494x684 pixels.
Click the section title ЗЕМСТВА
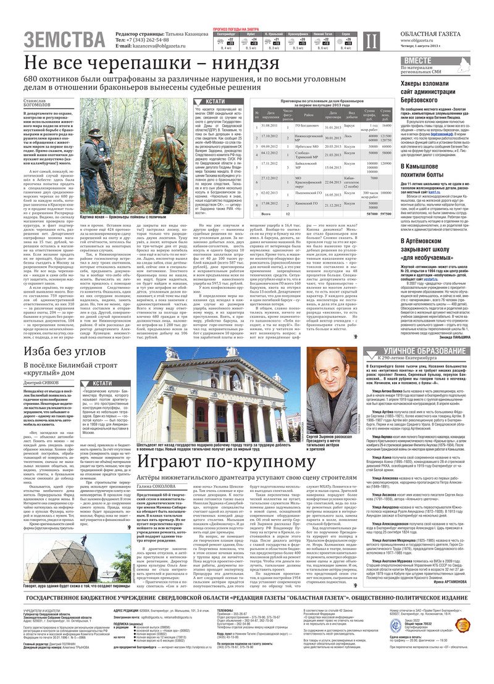pos(65,40)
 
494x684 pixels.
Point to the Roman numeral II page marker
pos(370,40)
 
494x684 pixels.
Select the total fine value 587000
pos(370,213)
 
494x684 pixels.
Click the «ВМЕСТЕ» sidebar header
pos(419,60)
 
